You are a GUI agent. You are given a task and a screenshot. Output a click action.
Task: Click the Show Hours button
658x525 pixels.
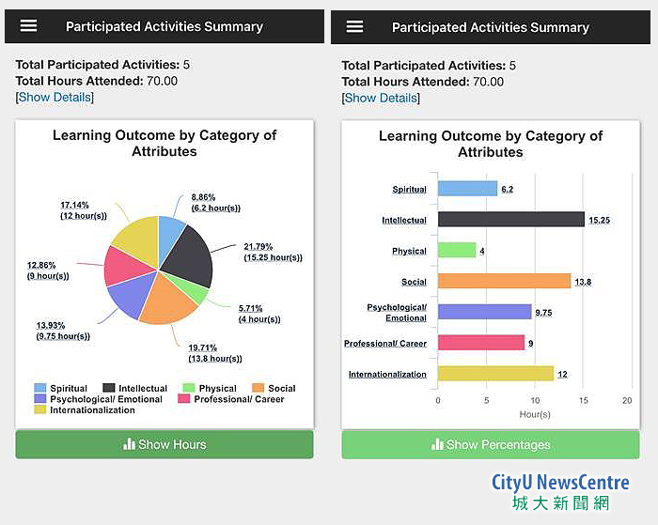point(164,444)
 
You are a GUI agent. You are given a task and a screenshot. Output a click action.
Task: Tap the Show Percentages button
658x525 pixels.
point(490,444)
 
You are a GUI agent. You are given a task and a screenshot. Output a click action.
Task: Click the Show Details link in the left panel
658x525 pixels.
point(55,98)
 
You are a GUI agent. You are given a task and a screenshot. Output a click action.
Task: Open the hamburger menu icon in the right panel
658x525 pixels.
point(354,26)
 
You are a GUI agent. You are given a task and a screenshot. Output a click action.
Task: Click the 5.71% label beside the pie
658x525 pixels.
point(251,308)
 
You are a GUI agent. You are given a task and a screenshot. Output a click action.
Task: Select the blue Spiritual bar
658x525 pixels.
point(467,189)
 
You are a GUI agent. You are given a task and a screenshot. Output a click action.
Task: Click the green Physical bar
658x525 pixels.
point(457,251)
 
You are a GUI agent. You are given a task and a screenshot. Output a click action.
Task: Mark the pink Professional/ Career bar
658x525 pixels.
point(480,343)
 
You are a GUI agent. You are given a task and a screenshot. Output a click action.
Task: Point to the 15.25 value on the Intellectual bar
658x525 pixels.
point(599,220)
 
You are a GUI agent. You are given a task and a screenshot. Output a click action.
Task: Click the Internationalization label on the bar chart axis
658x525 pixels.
point(387,374)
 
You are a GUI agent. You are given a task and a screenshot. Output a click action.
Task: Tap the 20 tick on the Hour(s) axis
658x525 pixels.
point(627,400)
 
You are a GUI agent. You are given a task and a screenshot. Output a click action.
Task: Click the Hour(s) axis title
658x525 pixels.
point(534,414)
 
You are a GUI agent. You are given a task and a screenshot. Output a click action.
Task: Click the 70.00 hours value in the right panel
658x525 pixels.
point(488,82)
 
